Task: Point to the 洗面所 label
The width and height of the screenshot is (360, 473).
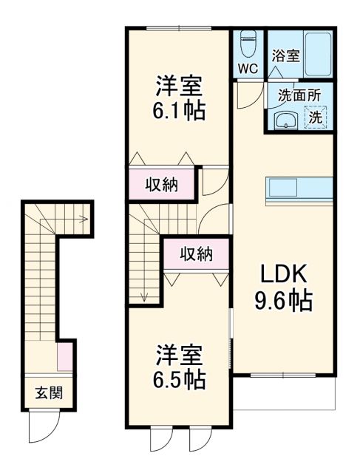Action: (x=299, y=95)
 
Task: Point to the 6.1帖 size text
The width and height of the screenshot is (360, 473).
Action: (x=180, y=111)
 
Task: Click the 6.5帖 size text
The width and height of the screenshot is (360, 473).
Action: (x=180, y=379)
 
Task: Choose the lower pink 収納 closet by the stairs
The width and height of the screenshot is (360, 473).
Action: (x=197, y=255)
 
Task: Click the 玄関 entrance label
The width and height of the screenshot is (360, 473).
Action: (x=48, y=392)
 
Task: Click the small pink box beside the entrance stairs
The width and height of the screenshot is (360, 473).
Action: (x=65, y=358)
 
